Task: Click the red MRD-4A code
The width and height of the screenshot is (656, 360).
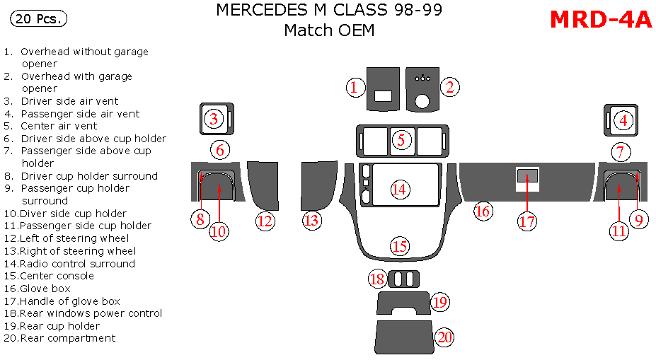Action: click(600, 20)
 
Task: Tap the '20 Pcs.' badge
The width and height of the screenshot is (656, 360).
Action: click(38, 19)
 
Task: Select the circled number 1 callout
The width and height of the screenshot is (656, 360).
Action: click(355, 88)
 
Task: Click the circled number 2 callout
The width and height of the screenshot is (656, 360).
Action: click(449, 87)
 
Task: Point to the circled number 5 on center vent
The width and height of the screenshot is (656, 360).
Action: click(401, 140)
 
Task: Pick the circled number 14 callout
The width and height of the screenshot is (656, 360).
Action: click(399, 189)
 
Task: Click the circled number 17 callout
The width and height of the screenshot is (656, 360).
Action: click(527, 221)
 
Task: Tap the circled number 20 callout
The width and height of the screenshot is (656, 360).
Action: click(444, 337)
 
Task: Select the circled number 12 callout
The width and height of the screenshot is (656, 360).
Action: click(265, 221)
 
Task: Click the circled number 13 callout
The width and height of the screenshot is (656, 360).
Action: click(311, 221)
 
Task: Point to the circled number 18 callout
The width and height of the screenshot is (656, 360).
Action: click(377, 279)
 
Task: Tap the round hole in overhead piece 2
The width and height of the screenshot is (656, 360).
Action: click(422, 101)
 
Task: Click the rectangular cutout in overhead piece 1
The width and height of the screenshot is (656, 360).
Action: click(383, 97)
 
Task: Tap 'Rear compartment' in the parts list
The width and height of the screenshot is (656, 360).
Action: click(68, 338)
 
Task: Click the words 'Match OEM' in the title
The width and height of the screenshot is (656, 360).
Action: click(328, 30)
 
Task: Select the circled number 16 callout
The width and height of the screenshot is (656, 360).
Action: click(483, 210)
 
